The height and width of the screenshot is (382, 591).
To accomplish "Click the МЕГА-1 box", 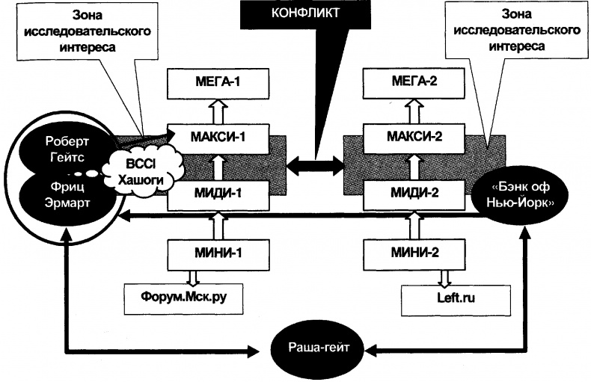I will click(x=216, y=81).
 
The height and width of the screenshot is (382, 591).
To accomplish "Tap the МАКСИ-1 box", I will click(x=216, y=138).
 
